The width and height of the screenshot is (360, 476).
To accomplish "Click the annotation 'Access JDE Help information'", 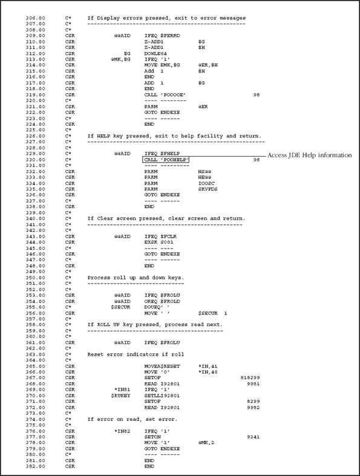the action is (x=309, y=155).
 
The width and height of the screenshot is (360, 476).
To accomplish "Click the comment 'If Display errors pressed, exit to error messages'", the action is (x=166, y=18).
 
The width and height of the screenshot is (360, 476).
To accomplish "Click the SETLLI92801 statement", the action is (x=163, y=379).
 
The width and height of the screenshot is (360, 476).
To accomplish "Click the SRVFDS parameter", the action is (x=208, y=189).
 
